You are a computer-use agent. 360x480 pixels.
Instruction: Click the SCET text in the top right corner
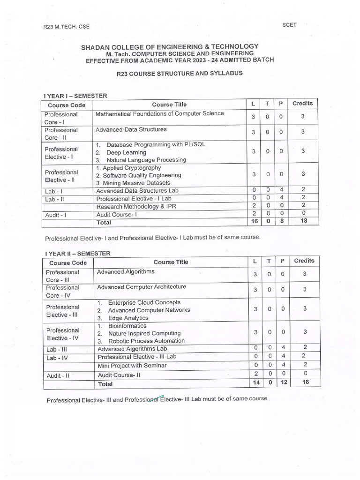pos(289,25)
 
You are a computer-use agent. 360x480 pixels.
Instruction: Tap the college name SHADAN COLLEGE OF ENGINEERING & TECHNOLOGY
pos(169,46)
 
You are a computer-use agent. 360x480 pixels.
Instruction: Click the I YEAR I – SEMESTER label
pos(75,96)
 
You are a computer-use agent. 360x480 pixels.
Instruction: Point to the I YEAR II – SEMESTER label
pos(77,253)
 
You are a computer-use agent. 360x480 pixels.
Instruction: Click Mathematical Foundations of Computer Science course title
pos(160,113)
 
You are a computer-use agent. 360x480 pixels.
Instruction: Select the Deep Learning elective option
pos(126,152)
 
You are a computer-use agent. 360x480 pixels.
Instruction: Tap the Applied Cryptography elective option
pos(128,167)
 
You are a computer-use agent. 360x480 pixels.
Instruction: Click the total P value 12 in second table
pos(283,383)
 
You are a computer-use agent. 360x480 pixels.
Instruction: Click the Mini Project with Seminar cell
pos(132,365)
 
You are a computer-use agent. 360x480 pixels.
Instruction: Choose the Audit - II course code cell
pos(58,375)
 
